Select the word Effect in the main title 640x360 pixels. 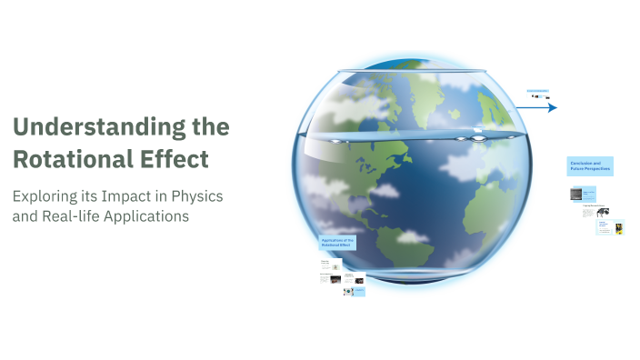177,159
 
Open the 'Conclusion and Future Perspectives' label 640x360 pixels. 590,165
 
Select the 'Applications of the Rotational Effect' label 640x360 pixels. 336,244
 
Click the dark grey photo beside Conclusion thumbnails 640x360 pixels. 575,194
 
